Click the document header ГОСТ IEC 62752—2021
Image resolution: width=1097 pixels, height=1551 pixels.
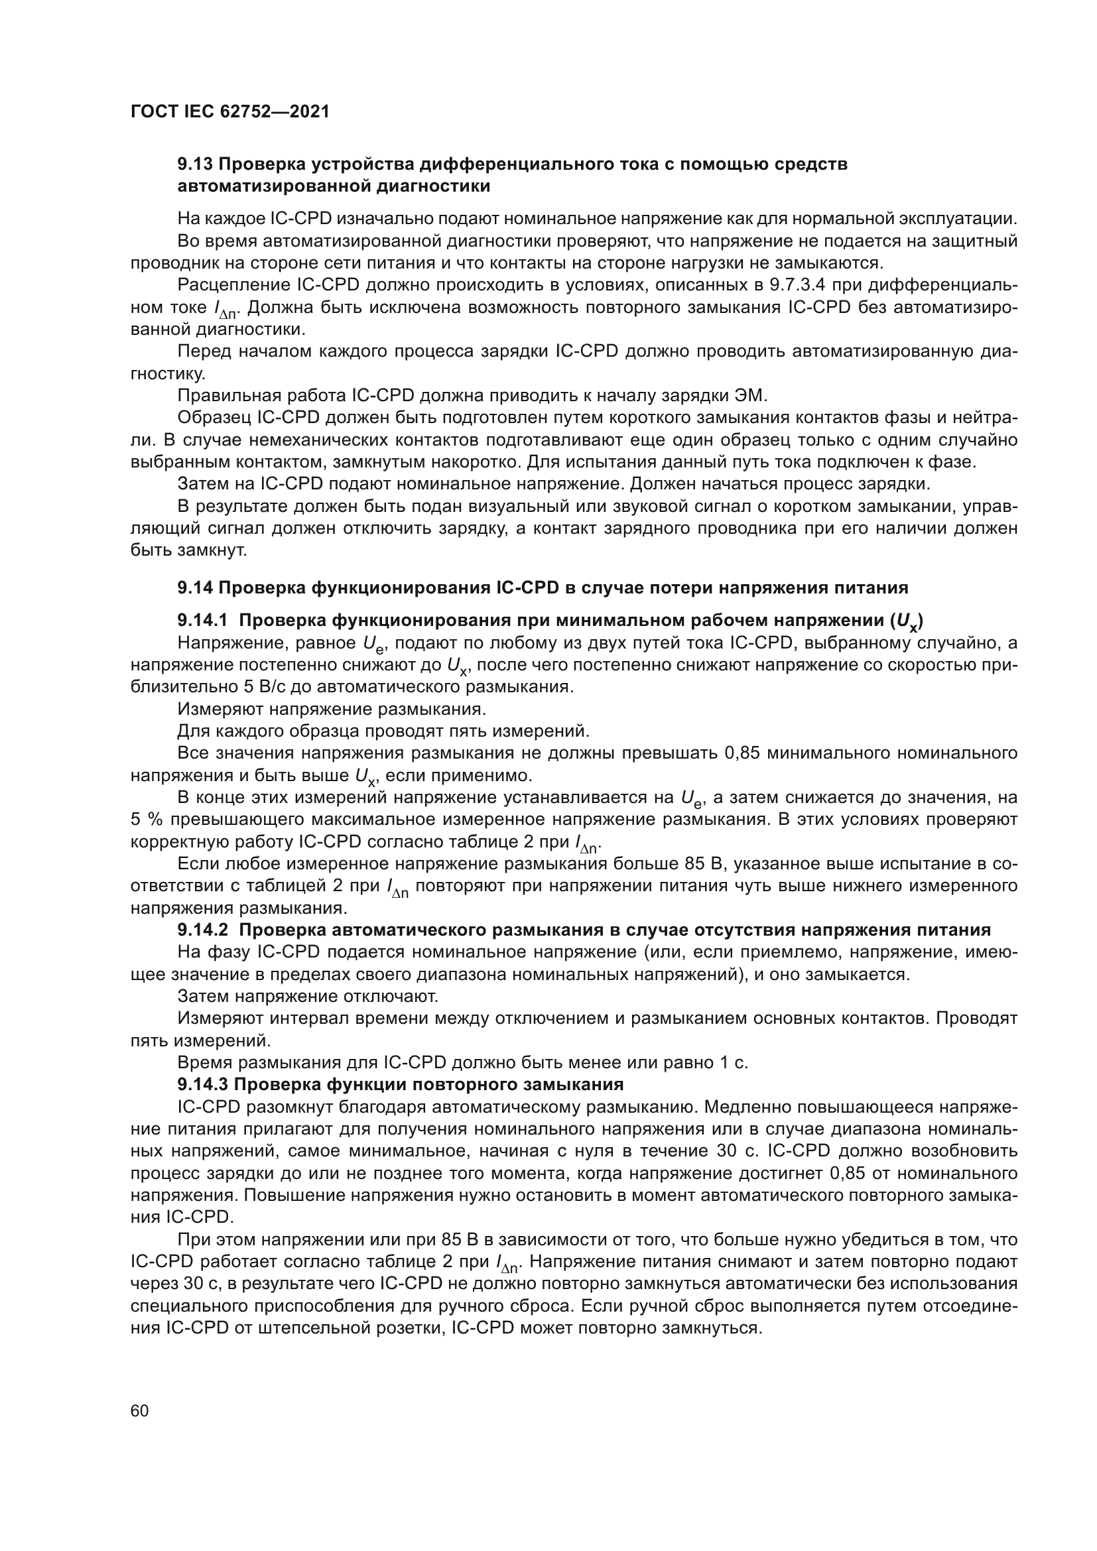point(229,111)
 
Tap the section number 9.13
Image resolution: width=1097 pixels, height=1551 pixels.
point(195,164)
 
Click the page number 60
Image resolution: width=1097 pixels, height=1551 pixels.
point(139,1410)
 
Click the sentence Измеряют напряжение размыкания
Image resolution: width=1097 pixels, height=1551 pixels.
point(331,710)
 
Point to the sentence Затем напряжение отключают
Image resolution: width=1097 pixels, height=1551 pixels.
point(307,997)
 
